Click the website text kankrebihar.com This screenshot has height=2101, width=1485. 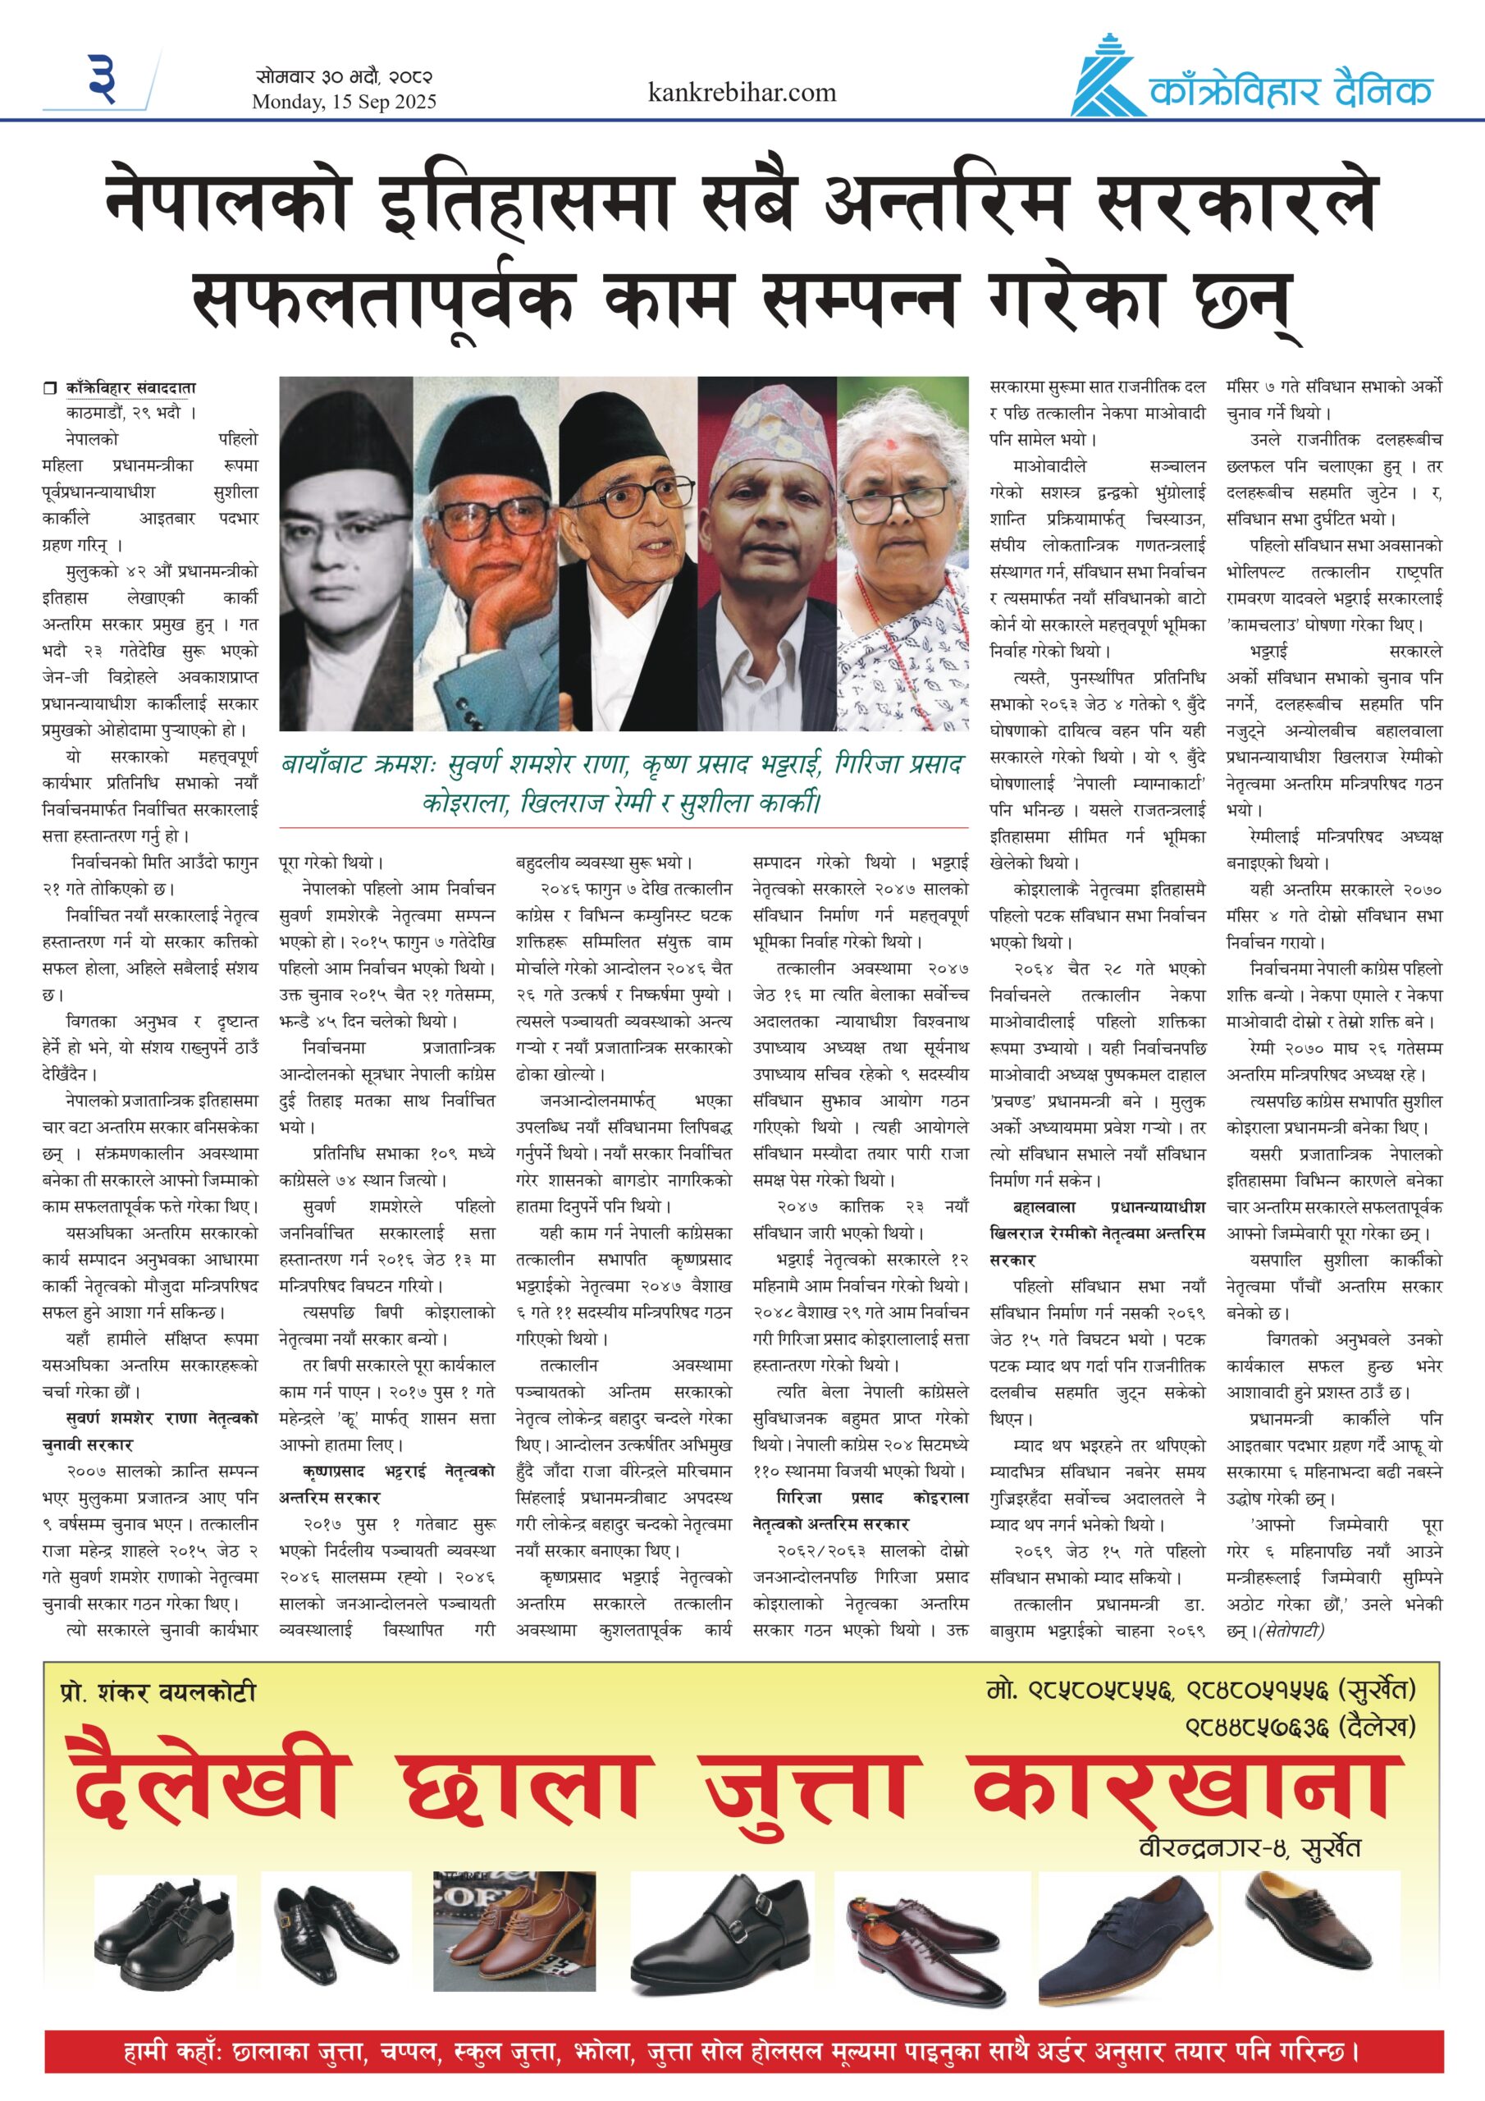[x=741, y=93]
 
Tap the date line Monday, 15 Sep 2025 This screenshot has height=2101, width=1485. [x=344, y=102]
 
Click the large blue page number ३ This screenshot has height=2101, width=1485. [x=103, y=79]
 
